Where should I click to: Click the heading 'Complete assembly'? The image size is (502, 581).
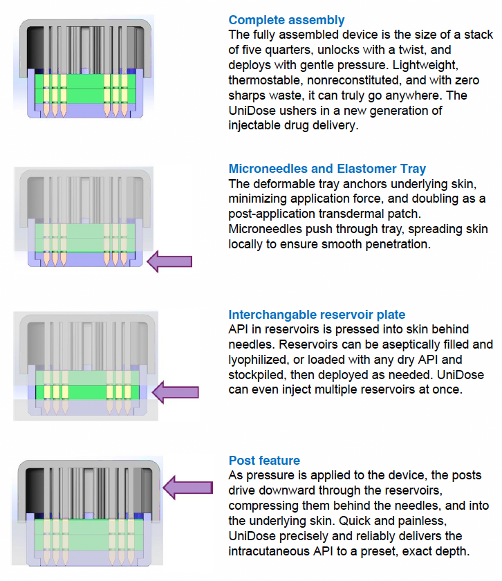(x=286, y=20)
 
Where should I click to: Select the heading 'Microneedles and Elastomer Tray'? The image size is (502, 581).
(x=327, y=169)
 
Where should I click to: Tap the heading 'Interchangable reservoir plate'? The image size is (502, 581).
(x=317, y=315)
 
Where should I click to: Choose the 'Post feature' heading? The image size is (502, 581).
(x=264, y=461)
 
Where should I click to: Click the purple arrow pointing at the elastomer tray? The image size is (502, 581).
(x=169, y=261)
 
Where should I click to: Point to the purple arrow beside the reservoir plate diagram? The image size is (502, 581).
(x=176, y=392)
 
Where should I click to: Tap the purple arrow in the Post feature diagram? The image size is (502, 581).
(x=188, y=487)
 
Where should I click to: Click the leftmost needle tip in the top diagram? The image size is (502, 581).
(x=46, y=116)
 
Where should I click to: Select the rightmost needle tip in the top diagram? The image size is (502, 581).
(x=124, y=116)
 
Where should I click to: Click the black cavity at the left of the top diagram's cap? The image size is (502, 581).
(x=35, y=48)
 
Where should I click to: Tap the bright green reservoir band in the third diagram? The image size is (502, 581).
(x=87, y=392)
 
